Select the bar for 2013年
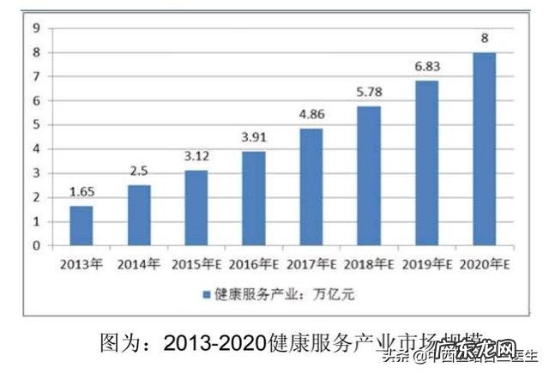81,226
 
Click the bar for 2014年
139,214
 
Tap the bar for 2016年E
253,198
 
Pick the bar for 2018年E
368,176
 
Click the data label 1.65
81,194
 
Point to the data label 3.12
196,158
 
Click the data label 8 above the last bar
484,39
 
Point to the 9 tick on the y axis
36,27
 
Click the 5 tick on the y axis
36,124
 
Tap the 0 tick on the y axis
36,245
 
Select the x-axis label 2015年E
196,263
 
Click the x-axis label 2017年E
311,263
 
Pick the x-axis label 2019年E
425,263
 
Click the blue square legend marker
206,294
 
